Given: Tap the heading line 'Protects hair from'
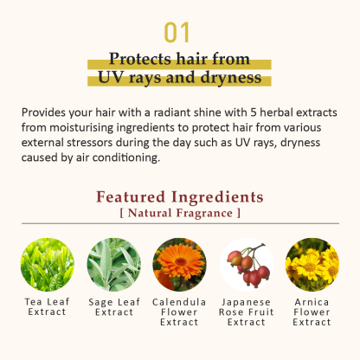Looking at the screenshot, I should tap(180, 59).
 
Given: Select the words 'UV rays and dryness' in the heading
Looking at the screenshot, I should tap(180, 78).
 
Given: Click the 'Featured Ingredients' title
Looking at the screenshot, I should tap(180, 196).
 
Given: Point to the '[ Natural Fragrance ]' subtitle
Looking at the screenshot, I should tap(180, 212).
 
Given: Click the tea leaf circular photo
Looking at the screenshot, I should tap(46, 263).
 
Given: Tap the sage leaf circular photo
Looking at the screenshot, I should tap(113, 263).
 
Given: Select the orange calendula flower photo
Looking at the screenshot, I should tap(179, 263).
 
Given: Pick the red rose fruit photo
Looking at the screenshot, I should tap(247, 263).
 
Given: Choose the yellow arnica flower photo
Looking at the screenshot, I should tap(312, 263).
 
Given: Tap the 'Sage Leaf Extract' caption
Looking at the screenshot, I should tap(113, 306).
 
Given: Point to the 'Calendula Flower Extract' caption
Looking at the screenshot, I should tap(180, 312).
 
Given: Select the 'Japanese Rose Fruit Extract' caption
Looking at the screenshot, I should tap(247, 312).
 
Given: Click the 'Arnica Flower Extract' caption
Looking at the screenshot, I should tap(312, 312).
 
